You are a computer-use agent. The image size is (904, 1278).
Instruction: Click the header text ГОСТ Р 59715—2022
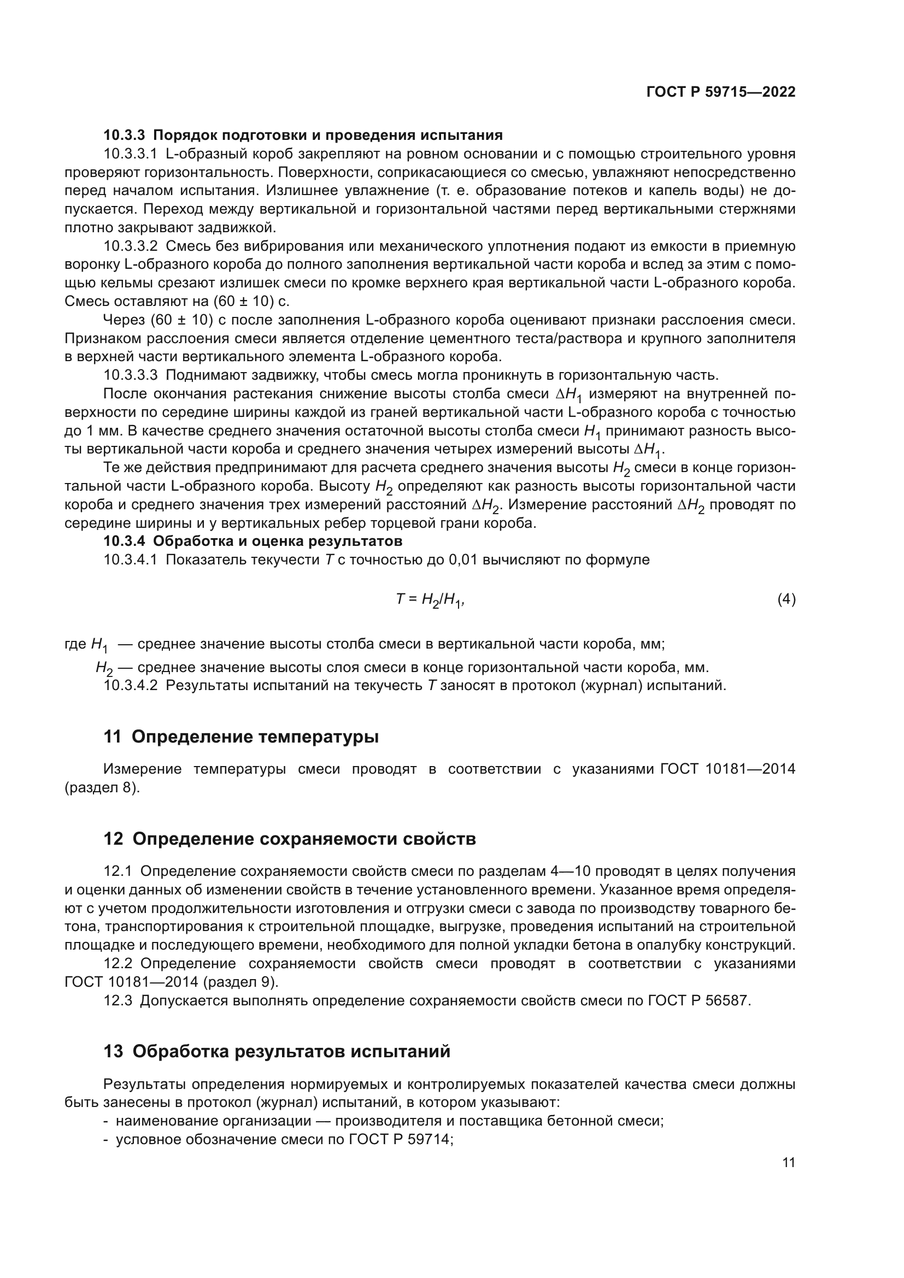[x=721, y=92]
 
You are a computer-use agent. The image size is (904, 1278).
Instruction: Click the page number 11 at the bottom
[x=788, y=1163]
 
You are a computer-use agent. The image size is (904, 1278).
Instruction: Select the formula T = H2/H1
[x=430, y=600]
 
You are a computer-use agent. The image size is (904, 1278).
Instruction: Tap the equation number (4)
[x=786, y=599]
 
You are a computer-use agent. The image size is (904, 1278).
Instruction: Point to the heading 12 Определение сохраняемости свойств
[x=290, y=839]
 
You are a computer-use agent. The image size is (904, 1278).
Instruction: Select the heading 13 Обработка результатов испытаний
[x=277, y=1051]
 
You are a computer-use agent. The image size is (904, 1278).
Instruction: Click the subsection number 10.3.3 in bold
[x=124, y=136]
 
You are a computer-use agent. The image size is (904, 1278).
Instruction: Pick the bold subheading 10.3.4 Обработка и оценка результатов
[x=253, y=541]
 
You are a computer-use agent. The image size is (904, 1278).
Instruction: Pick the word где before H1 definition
[x=75, y=645]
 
